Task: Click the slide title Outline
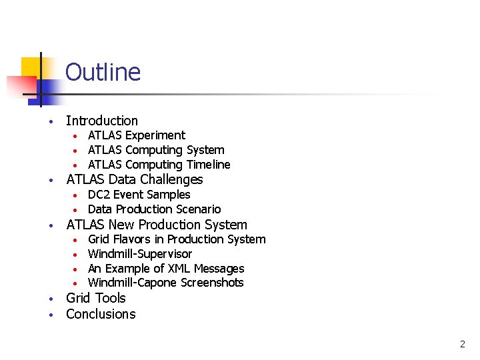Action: coord(103,72)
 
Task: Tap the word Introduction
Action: coord(102,121)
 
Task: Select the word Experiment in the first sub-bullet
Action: coord(155,135)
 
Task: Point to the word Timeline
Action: coord(208,165)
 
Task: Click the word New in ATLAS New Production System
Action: coord(121,225)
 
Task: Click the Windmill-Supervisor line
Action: coord(140,254)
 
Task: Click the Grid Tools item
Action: coord(96,298)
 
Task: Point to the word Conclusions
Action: coord(101,314)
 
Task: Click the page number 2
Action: coord(463,345)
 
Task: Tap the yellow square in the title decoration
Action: coord(31,67)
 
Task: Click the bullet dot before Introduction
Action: coord(50,122)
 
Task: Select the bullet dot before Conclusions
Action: coord(50,315)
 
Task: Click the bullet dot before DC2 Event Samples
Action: coord(77,195)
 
